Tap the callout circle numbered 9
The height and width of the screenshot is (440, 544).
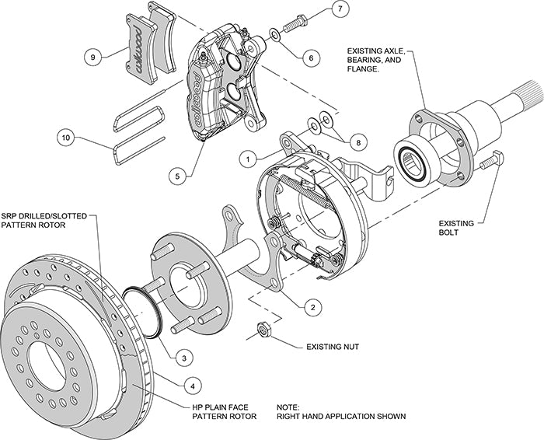pos(92,56)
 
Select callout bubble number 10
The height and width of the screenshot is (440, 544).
pos(66,138)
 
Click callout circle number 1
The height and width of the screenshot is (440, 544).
pos(247,158)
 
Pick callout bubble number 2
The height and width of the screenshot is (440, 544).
pos(312,307)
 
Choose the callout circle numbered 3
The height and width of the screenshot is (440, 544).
pos(182,357)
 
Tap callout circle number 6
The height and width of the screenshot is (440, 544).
pos(311,57)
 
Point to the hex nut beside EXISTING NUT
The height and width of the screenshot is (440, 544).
pos(263,331)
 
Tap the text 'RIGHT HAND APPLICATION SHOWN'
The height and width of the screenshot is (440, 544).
pos(340,417)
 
